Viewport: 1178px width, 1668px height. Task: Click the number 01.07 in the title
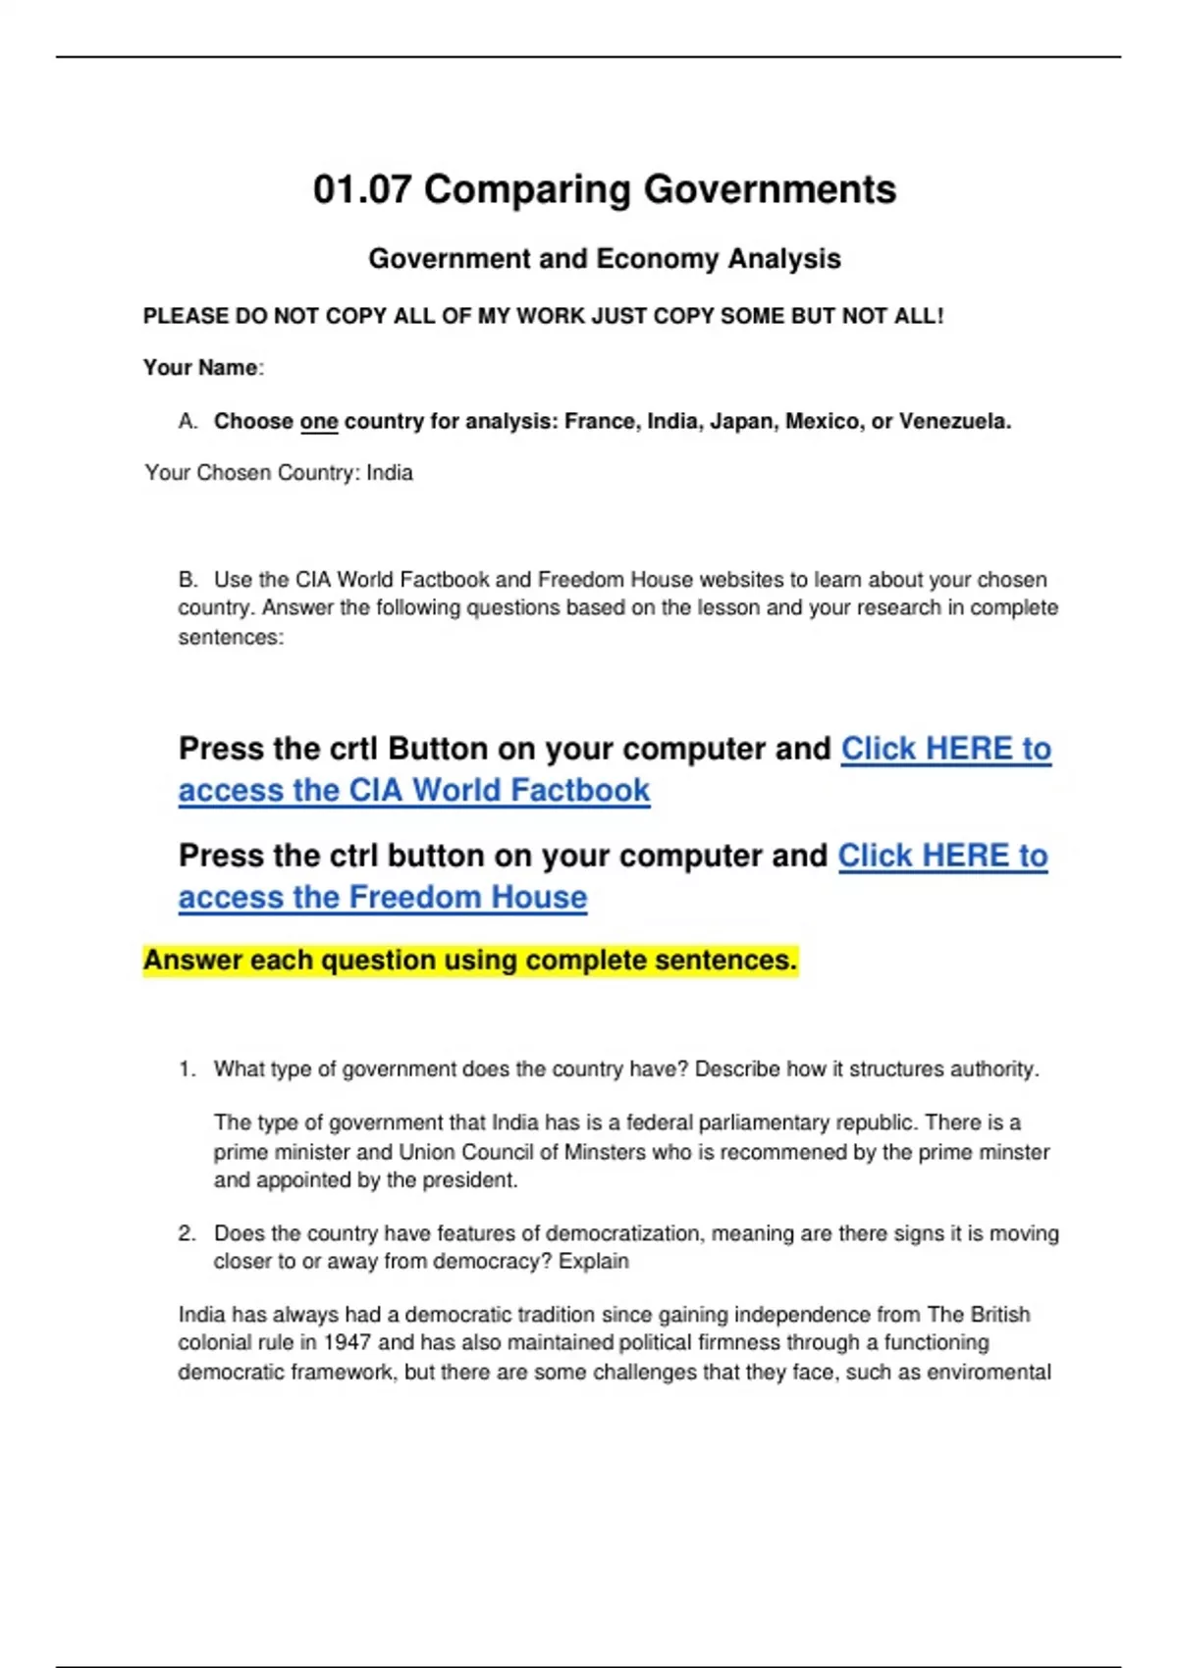click(x=361, y=189)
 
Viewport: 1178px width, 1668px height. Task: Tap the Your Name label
click(x=200, y=368)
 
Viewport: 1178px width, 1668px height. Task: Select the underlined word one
click(x=319, y=422)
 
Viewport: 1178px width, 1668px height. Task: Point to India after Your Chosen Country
click(x=390, y=473)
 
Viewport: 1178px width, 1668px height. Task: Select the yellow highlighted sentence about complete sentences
click(x=470, y=960)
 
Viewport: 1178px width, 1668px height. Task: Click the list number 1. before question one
click(x=187, y=1069)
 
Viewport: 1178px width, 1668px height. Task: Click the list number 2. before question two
click(x=187, y=1233)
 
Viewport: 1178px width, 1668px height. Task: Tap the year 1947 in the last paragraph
click(x=347, y=1342)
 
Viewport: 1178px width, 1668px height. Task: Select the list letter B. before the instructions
click(x=187, y=580)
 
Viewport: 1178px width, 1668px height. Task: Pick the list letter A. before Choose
click(x=187, y=422)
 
